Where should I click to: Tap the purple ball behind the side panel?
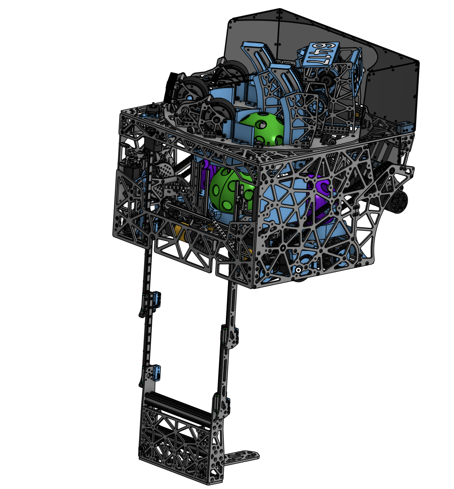click(321, 197)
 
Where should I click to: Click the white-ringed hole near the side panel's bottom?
click(298, 270)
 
